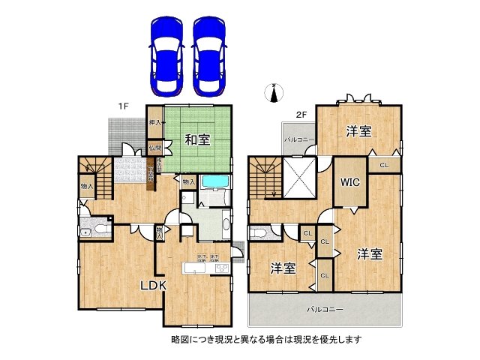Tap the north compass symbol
tap(274, 92)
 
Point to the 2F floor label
tap(301, 115)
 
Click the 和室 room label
tap(198, 139)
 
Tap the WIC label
tap(350, 182)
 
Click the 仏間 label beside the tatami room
tap(154, 148)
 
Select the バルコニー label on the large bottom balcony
tap(324, 309)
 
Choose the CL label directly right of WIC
tap(384, 165)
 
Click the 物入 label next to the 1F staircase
tap(86, 186)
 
